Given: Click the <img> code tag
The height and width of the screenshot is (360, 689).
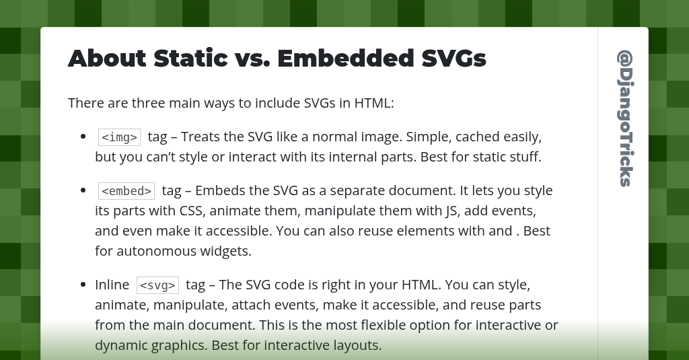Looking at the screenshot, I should click(119, 137).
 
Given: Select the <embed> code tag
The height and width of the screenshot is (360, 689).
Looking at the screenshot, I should click(126, 191).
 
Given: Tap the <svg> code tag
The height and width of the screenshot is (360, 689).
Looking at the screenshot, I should click(157, 285).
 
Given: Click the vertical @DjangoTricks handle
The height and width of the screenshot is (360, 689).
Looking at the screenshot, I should click(625, 118).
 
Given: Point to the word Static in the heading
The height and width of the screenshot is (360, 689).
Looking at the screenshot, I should click(190, 59).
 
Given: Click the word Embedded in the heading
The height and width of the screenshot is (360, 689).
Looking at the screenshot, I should click(345, 59).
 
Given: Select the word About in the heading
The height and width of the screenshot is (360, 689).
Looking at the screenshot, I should click(107, 59).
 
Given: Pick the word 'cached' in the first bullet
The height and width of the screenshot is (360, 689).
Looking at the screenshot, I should click(477, 137).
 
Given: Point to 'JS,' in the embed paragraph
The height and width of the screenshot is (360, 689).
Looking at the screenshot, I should click(455, 211).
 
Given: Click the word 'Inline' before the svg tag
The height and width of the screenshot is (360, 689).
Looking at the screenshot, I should click(112, 285).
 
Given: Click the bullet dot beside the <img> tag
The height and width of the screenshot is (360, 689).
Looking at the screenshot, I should click(83, 137).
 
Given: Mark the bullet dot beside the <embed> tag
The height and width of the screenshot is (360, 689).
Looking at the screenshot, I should click(83, 190).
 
